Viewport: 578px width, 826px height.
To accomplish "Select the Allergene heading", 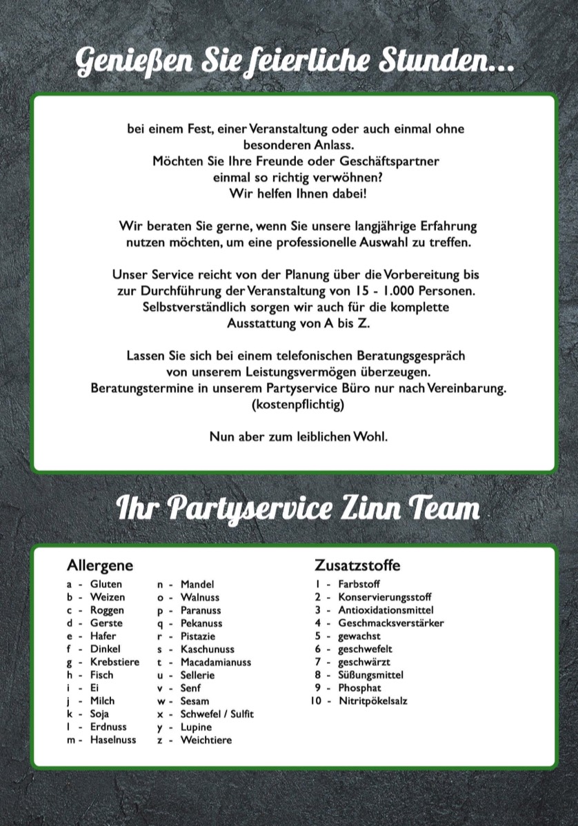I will [x=99, y=565].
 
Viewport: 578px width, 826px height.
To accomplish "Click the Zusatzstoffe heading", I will [x=357, y=565].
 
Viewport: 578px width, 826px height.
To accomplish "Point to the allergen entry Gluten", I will [x=106, y=584].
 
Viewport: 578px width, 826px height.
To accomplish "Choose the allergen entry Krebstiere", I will [x=114, y=662].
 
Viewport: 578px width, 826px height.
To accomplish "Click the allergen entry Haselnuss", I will [x=113, y=740].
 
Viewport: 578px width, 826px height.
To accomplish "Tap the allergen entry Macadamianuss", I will [x=216, y=662].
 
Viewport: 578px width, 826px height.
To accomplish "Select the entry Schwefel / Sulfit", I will [x=217, y=714].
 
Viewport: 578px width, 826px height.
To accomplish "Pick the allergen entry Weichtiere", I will [x=206, y=740].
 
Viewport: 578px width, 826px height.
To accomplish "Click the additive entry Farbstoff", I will [x=359, y=584].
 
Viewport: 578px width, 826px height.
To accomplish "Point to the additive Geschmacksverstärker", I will [x=390, y=623].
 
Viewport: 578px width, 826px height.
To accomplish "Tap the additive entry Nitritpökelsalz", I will [x=372, y=701].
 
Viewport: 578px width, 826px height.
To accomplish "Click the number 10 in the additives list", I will [x=316, y=701].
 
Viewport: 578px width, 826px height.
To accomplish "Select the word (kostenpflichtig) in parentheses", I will [x=298, y=405].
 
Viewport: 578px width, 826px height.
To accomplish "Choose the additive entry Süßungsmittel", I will [x=370, y=675].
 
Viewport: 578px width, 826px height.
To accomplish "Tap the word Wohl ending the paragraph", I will [x=372, y=438].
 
